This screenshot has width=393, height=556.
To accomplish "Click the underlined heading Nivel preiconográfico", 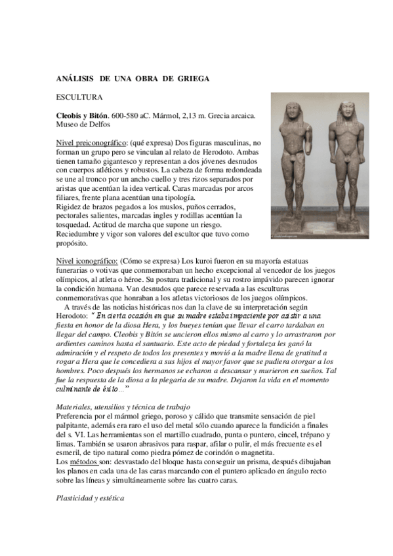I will pyautogui.click(x=91, y=142).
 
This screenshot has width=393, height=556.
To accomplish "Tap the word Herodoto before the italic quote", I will pyautogui.click(x=75, y=315).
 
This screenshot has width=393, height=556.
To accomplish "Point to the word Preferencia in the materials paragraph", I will pyautogui.click(x=77, y=416).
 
